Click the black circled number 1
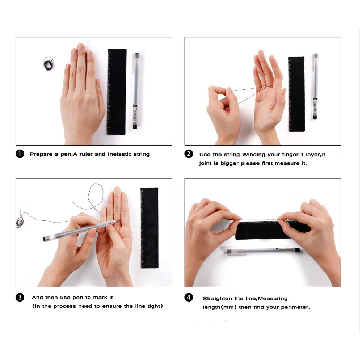tap(20, 154)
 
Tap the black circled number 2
tap(189, 154)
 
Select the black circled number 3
tap(20, 297)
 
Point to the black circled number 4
tap(189, 297)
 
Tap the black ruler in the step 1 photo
tap(117, 92)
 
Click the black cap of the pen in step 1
tap(135, 126)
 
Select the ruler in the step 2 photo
tap(296, 94)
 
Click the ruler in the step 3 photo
tap(150, 228)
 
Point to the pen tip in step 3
tap(116, 222)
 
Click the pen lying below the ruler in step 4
tap(263, 251)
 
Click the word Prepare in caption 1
tap(41, 154)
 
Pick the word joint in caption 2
tap(205, 163)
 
